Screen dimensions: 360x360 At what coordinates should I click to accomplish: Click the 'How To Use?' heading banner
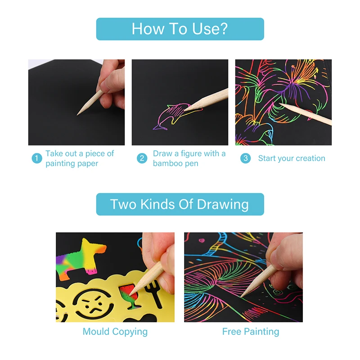[x=180, y=29]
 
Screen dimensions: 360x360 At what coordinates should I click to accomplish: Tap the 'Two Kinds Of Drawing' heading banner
[x=180, y=204]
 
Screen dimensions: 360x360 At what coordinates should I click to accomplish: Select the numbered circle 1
[x=37, y=158]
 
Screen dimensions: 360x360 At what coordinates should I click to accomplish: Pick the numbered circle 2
[x=142, y=158]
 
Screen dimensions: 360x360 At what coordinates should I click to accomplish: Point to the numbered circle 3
[x=245, y=158]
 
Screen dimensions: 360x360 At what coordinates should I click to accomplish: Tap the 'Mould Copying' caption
[x=115, y=332]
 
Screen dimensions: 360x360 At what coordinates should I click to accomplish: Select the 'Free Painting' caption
[x=251, y=332]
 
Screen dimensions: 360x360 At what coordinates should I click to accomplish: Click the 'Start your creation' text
[x=292, y=158]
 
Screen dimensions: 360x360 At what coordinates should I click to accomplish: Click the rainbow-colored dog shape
[x=80, y=258]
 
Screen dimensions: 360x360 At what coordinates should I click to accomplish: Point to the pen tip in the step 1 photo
[x=77, y=115]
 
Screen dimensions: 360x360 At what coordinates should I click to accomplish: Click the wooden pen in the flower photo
[x=306, y=114]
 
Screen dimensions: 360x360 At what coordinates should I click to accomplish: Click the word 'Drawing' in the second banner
[x=223, y=204]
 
